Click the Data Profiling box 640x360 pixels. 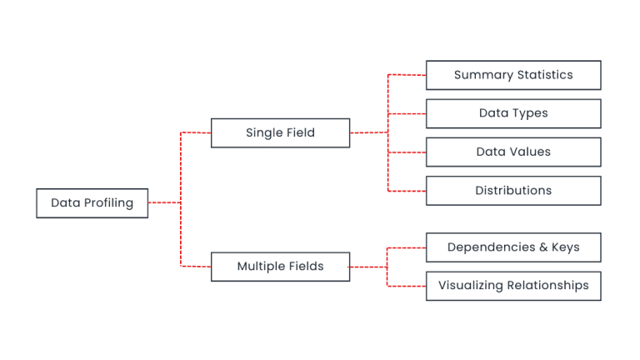point(92,203)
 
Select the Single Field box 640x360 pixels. point(280,133)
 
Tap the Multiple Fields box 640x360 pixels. point(280,267)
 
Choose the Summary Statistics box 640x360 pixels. point(513,75)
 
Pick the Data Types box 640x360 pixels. point(513,113)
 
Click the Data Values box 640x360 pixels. point(513,152)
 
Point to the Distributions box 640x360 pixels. point(513,191)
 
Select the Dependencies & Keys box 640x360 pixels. point(513,247)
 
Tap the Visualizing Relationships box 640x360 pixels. point(513,286)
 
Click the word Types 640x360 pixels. point(531,113)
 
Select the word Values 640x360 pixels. point(530,152)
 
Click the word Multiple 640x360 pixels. point(261,267)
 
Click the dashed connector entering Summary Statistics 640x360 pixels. point(407,75)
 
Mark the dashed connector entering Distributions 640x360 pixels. point(407,191)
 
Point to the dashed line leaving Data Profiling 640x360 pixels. point(164,202)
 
